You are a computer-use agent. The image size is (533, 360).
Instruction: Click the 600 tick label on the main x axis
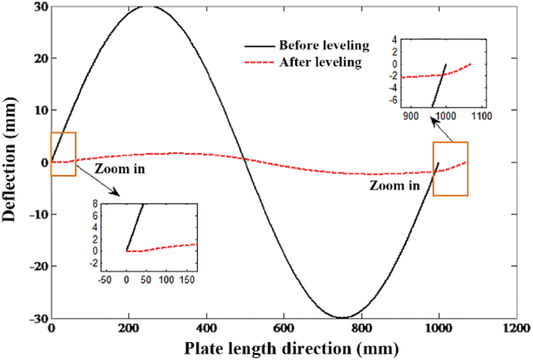pyautogui.click(x=440, y=330)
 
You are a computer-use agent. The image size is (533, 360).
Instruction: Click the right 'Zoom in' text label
pyautogui.click(x=394, y=186)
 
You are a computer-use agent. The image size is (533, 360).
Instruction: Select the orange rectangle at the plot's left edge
pyautogui.click(x=63, y=154)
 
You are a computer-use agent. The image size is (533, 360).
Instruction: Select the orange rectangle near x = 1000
pyautogui.click(x=451, y=169)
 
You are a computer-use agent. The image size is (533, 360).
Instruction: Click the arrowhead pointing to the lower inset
pyautogui.click(x=115, y=192)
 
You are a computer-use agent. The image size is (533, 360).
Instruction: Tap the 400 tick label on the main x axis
pyautogui.click(x=206, y=330)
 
